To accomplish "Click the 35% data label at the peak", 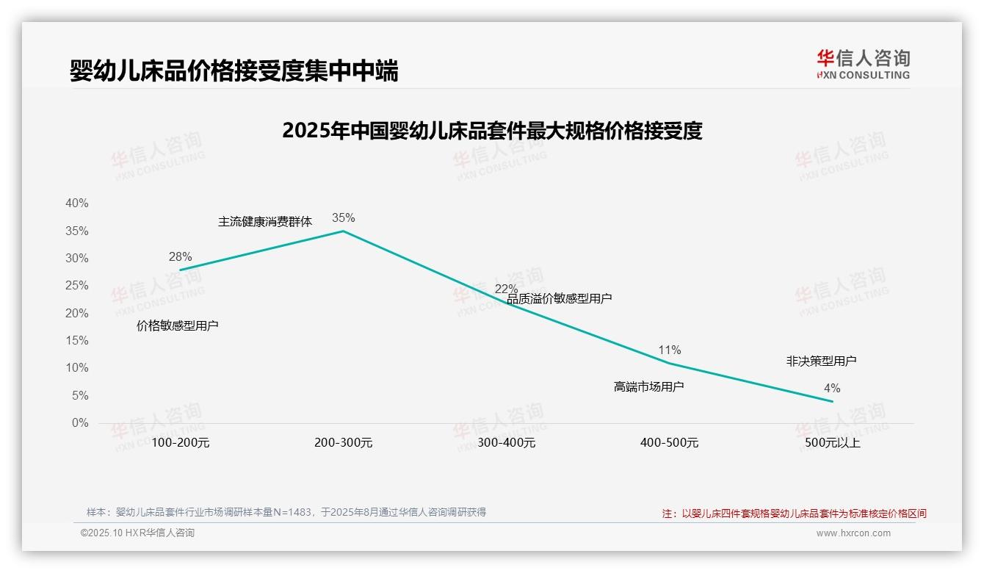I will pyautogui.click(x=343, y=217).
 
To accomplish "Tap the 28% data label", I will pyautogui.click(x=180, y=256).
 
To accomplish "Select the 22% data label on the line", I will pyautogui.click(x=506, y=289).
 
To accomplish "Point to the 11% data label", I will pyautogui.click(x=669, y=350).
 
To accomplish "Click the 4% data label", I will pyautogui.click(x=832, y=388).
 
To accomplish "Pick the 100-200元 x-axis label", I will pyautogui.click(x=181, y=443).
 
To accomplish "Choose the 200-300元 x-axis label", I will pyautogui.click(x=344, y=443).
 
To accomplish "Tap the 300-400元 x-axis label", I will pyautogui.click(x=507, y=443).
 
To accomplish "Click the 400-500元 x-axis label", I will pyautogui.click(x=669, y=443).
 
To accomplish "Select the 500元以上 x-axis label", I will pyautogui.click(x=832, y=443).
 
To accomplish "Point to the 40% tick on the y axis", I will pyautogui.click(x=76, y=203).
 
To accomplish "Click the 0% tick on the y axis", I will pyautogui.click(x=80, y=423).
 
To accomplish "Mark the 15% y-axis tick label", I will pyautogui.click(x=76, y=340).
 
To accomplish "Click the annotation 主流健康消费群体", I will pyautogui.click(x=265, y=221).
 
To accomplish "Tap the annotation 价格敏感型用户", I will pyautogui.click(x=178, y=325).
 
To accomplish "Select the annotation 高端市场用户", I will pyautogui.click(x=648, y=386).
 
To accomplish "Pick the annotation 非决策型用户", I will pyautogui.click(x=821, y=361).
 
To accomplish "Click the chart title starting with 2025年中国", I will pyautogui.click(x=492, y=131).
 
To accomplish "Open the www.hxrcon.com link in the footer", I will pyautogui.click(x=853, y=533).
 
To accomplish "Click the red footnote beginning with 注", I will pyautogui.click(x=794, y=513).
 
